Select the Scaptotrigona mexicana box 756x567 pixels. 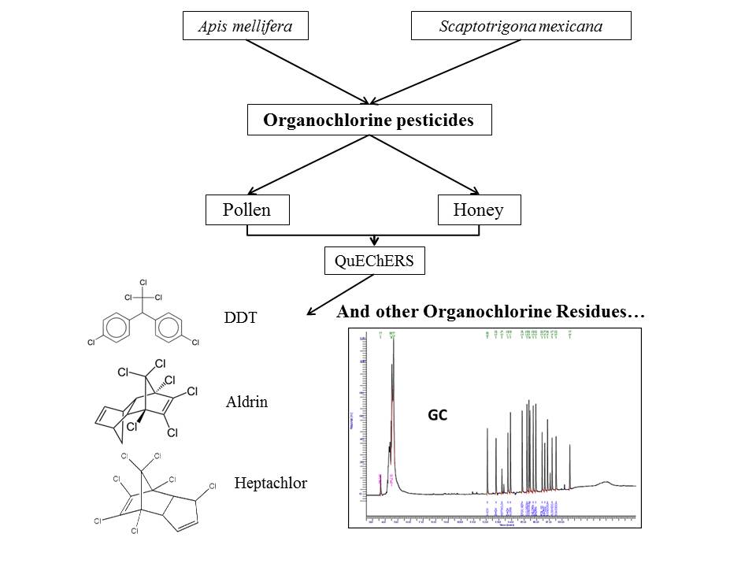pyautogui.click(x=521, y=27)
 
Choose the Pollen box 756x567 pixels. pyautogui.click(x=247, y=209)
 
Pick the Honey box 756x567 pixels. pyautogui.click(x=479, y=209)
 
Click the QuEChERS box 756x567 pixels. pyautogui.click(x=374, y=261)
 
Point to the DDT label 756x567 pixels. pyautogui.click(x=240, y=318)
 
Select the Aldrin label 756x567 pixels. pyautogui.click(x=246, y=402)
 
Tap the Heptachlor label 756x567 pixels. pyautogui.click(x=271, y=484)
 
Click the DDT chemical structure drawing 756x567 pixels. pyautogui.click(x=143, y=315)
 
